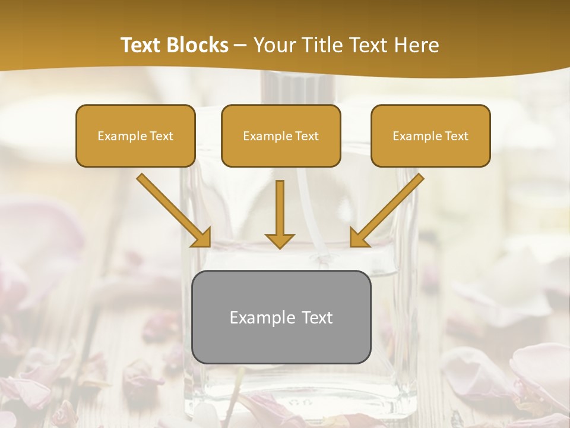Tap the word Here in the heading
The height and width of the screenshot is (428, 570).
tap(416, 45)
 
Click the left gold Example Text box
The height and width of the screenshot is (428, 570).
tap(135, 136)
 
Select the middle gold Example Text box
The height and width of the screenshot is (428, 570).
tap(281, 136)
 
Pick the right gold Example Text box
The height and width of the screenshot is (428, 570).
tap(430, 136)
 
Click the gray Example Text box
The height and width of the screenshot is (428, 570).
tap(281, 317)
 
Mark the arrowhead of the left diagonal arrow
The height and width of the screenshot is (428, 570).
tap(202, 238)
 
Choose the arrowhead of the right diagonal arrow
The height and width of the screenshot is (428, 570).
tap(358, 238)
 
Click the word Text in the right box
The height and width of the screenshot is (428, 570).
tap(456, 136)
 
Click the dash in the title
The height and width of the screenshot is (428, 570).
tap(240, 46)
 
